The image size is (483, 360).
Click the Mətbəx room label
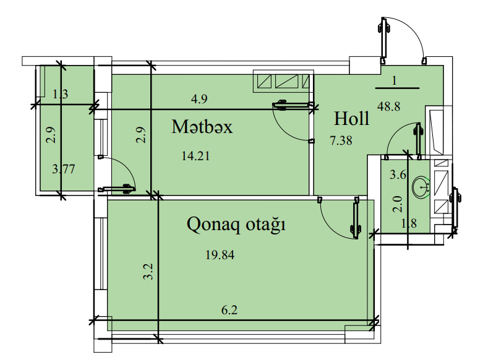(202, 127)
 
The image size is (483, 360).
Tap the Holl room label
(351, 118)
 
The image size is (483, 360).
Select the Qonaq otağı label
(236, 225)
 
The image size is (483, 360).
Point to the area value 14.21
(195, 156)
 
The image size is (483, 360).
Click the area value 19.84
(220, 255)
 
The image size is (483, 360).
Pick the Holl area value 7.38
(341, 140)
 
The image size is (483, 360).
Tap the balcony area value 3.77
(64, 169)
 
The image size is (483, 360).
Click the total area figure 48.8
(389, 106)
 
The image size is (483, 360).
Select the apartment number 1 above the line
(395, 81)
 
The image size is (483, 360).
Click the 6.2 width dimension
(229, 310)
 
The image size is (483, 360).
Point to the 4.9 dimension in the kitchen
(199, 99)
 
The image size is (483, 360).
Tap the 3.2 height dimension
(148, 272)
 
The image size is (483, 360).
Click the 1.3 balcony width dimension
(61, 94)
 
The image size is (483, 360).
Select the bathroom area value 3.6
(398, 175)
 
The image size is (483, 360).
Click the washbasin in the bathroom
(420, 187)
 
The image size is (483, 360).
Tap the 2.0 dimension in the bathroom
(398, 204)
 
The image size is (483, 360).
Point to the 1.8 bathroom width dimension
(409, 223)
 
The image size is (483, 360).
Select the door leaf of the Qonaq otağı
(356, 218)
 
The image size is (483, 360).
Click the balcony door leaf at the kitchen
(117, 189)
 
